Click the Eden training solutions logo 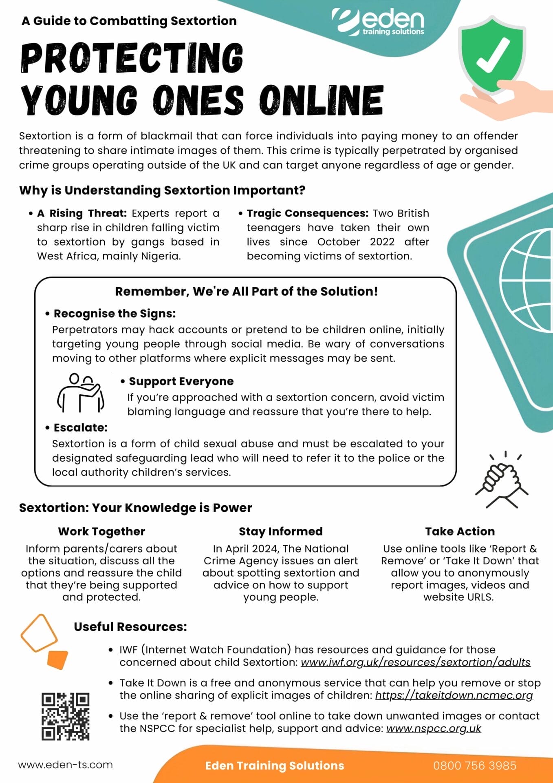(378, 22)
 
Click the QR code (65, 716)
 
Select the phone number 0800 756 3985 (475, 765)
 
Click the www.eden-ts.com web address (66, 765)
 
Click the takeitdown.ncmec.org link (454, 695)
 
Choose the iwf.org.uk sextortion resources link (416, 662)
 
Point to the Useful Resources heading (130, 626)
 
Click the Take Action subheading (460, 531)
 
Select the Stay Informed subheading (280, 531)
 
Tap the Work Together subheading (101, 531)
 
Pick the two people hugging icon (81, 392)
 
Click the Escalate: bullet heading (81, 427)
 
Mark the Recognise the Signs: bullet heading (115, 313)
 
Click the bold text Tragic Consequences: (307, 213)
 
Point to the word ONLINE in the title (322, 100)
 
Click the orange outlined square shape (39, 633)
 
